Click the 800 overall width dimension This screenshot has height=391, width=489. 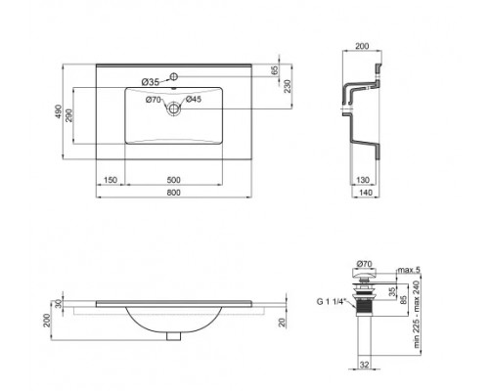click(173, 193)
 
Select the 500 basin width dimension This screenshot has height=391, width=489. click(173, 180)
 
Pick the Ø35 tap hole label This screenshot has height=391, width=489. click(150, 81)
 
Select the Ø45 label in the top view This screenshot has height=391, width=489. click(194, 99)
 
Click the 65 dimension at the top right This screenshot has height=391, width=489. click(275, 71)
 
